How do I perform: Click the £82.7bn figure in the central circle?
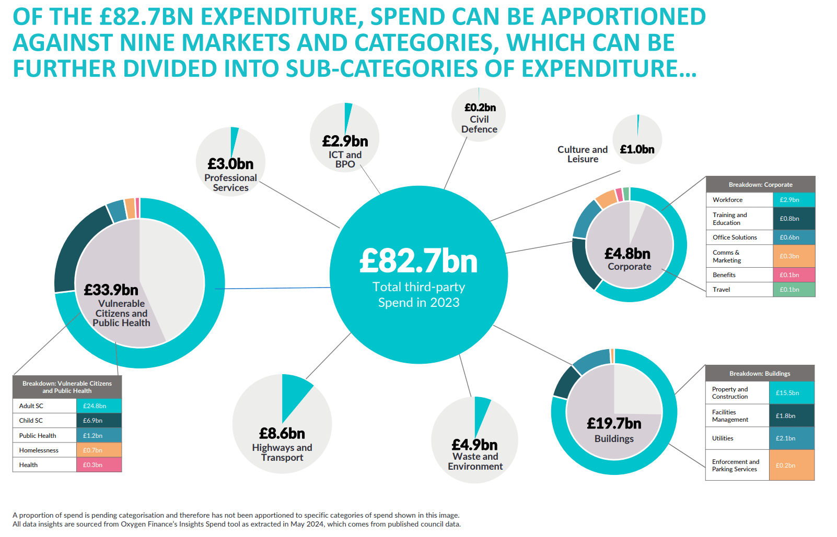point(419,261)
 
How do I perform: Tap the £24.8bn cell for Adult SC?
point(99,406)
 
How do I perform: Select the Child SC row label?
point(31,421)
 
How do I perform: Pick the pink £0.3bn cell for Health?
point(99,465)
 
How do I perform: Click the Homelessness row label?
point(39,450)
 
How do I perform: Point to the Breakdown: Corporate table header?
point(760,185)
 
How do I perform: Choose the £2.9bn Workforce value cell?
point(793,200)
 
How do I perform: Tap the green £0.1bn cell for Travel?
point(793,290)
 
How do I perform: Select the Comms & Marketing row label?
point(727,256)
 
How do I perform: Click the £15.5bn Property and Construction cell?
point(791,393)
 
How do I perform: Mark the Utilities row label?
point(723,438)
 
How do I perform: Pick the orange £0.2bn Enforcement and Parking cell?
point(791,466)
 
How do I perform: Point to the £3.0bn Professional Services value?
point(230,164)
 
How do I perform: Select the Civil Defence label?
point(479,124)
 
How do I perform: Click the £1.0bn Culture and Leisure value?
point(637,149)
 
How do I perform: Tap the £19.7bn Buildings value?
point(614,423)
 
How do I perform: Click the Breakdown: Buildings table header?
point(760,374)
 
